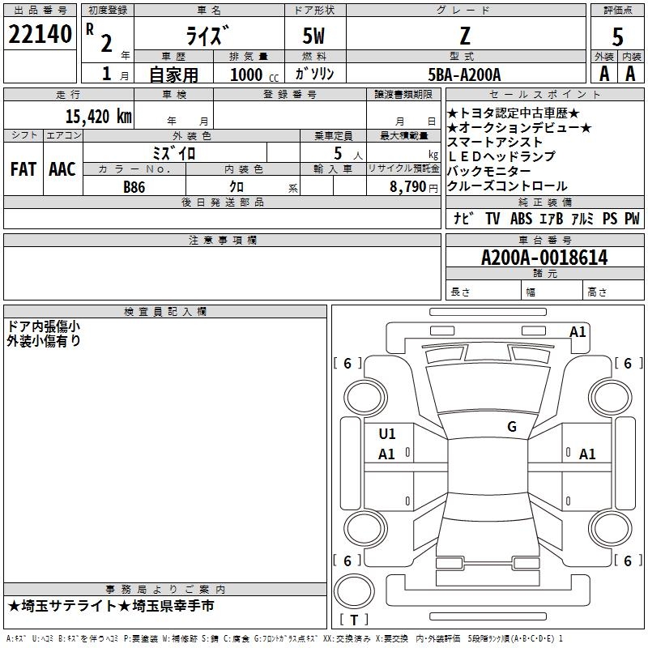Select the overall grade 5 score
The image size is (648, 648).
click(617, 37)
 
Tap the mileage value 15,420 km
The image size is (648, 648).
click(98, 116)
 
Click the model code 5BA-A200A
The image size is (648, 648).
click(464, 75)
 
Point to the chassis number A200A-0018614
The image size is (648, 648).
click(544, 258)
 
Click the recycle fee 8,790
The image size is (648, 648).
click(408, 186)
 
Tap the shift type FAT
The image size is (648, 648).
click(23, 169)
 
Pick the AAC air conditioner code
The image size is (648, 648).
click(62, 169)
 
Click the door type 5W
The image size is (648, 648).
click(315, 37)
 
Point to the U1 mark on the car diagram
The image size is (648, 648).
click(387, 434)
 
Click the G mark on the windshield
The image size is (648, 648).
click(511, 427)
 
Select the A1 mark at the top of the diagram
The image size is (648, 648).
click(578, 331)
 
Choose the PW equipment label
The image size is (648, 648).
click(631, 219)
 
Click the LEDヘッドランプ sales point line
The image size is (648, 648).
click(501, 156)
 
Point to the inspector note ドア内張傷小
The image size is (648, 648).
click(43, 326)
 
